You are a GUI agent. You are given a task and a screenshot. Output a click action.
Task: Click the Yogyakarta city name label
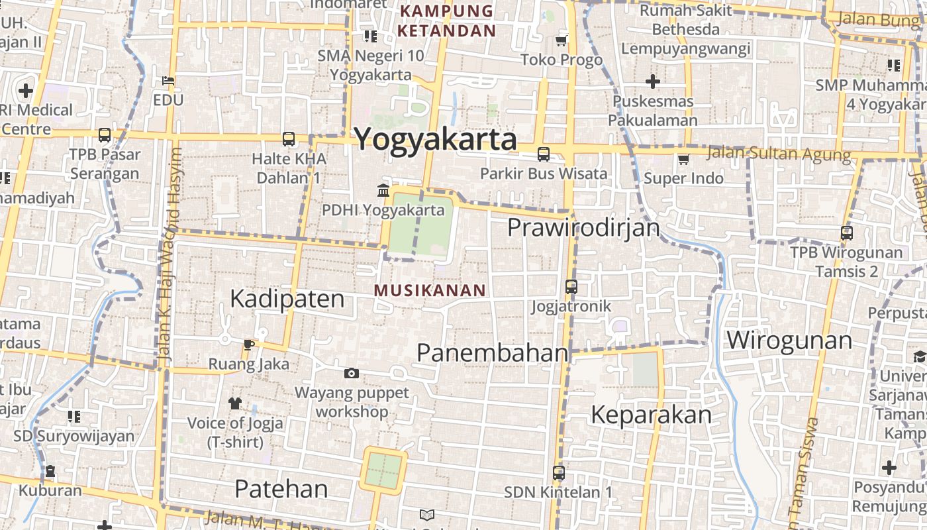click(x=435, y=139)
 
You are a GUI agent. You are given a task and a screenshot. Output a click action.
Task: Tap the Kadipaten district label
click(x=287, y=299)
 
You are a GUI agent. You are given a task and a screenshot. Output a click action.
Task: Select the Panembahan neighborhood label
click(x=492, y=352)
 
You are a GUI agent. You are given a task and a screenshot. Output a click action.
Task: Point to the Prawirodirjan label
click(x=583, y=227)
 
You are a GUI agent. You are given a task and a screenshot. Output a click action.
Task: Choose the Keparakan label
click(x=651, y=415)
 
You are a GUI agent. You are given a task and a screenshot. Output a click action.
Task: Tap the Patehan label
click(x=281, y=489)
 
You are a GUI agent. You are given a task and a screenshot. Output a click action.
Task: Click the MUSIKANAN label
click(x=430, y=290)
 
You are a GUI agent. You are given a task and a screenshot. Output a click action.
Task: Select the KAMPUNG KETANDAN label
click(x=447, y=21)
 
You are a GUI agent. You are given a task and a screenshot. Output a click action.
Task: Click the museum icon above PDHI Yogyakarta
click(x=383, y=191)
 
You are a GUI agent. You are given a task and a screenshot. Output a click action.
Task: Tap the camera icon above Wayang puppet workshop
click(x=352, y=374)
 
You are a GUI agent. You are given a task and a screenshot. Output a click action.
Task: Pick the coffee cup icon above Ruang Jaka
click(x=248, y=344)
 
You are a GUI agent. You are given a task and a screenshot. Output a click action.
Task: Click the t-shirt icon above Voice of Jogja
click(x=235, y=403)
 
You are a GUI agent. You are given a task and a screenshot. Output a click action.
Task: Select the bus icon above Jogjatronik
click(x=571, y=287)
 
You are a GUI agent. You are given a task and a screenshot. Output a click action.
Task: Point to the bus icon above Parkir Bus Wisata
click(x=544, y=154)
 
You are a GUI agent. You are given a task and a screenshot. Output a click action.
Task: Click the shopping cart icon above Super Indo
click(x=683, y=159)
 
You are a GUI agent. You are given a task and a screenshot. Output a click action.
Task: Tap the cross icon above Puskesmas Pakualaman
click(x=652, y=81)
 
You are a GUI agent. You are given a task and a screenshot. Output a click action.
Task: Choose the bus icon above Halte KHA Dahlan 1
click(x=289, y=139)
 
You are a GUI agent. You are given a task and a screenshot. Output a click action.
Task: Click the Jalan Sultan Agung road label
click(x=778, y=154)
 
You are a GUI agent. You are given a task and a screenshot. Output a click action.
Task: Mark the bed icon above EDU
click(x=168, y=81)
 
